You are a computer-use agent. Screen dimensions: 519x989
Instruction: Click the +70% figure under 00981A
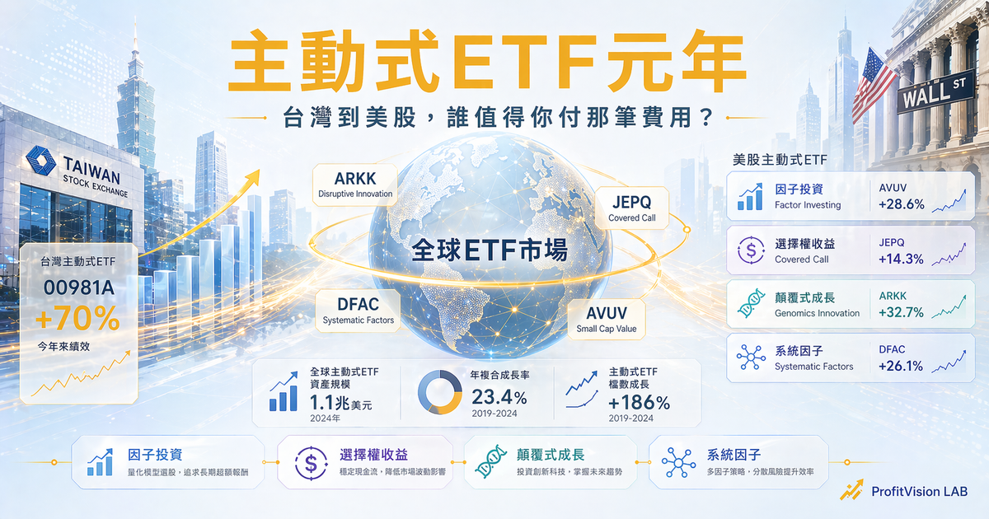tap(78, 319)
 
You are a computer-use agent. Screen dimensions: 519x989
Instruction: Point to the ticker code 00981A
tap(78, 289)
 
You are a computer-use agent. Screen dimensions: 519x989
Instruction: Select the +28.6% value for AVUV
tap(901, 205)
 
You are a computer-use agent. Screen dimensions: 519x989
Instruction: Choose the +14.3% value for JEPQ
tap(901, 259)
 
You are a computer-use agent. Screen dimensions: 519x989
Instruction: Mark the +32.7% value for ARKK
tap(901, 313)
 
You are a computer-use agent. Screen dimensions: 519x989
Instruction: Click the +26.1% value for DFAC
tap(901, 367)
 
